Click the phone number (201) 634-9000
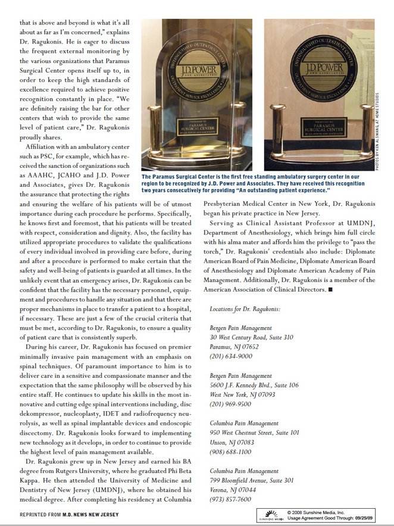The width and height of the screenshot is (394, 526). click(229, 356)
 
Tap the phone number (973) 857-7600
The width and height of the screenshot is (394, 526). click(229, 499)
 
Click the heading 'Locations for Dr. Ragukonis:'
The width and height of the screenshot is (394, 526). click(245, 309)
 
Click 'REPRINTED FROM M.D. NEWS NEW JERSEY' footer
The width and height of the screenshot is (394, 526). click(69, 514)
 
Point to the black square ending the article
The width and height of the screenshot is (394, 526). click(330, 289)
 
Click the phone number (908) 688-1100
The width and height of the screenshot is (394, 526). click(229, 452)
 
